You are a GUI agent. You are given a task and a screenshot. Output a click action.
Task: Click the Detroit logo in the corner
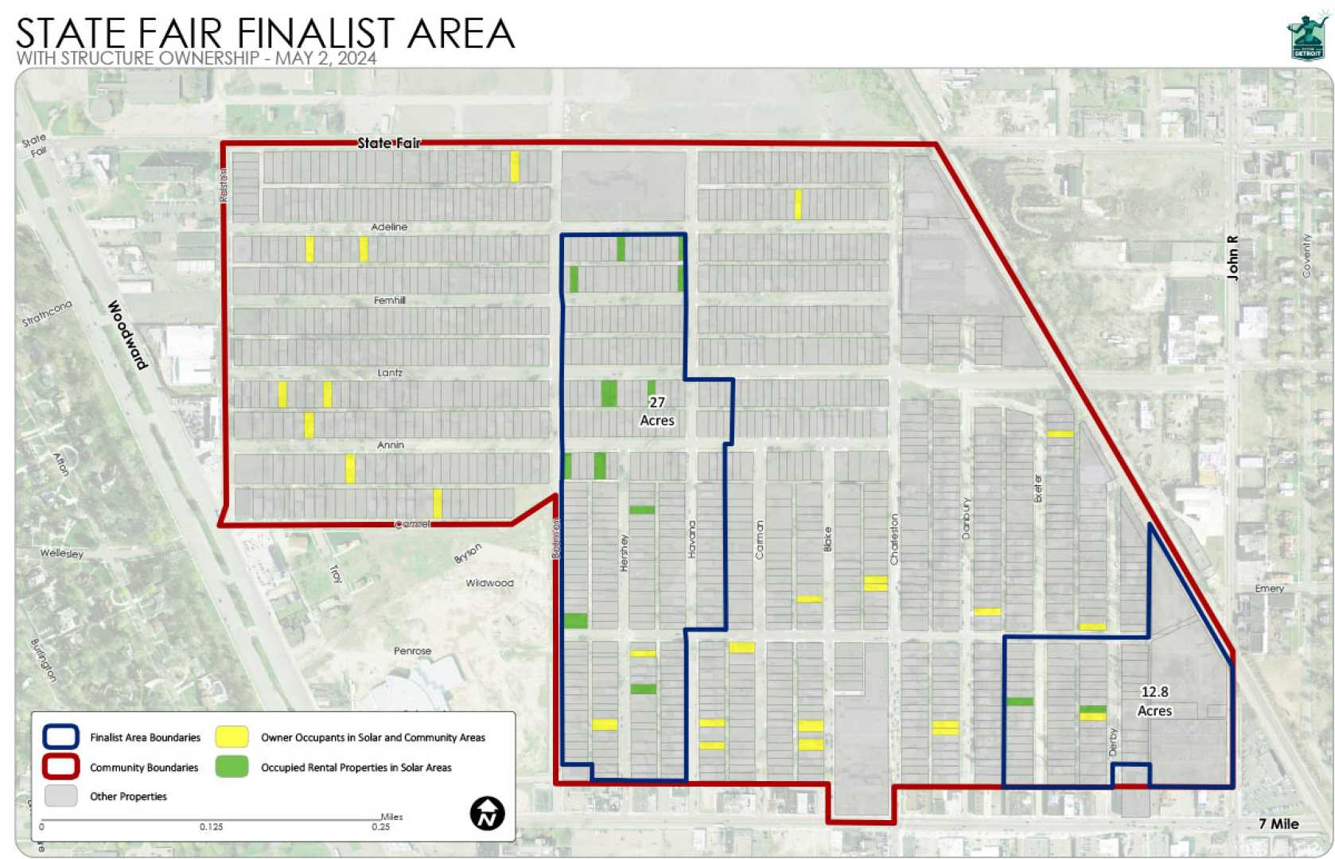click(1307, 37)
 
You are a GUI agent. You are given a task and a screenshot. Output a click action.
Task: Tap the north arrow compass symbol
click(487, 814)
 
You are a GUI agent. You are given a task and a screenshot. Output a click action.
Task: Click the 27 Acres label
click(657, 411)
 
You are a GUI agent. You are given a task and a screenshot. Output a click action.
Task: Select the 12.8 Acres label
click(1154, 702)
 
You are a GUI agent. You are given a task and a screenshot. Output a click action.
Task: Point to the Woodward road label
click(128, 335)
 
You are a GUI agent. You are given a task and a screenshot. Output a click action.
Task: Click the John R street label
click(1233, 258)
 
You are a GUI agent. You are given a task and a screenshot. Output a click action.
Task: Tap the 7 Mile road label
click(1279, 824)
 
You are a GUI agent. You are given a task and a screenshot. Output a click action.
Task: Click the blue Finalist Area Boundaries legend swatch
click(60, 737)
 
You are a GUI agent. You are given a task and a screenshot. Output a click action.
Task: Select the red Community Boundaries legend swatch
click(60, 767)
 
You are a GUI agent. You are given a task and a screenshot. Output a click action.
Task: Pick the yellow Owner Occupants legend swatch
click(232, 737)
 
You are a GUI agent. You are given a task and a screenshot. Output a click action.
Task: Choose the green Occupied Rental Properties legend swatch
click(232, 767)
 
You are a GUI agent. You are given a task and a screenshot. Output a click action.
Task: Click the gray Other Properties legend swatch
click(60, 796)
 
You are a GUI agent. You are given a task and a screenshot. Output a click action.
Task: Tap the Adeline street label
click(389, 227)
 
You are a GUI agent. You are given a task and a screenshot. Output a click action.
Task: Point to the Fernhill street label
click(390, 300)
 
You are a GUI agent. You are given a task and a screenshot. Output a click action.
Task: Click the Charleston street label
click(894, 539)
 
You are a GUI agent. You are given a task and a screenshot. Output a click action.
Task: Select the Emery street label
click(1269, 589)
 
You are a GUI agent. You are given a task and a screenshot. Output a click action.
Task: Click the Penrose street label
click(412, 651)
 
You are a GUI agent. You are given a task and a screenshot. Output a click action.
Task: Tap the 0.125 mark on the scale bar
click(211, 827)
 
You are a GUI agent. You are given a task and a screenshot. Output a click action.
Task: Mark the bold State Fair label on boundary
click(388, 143)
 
